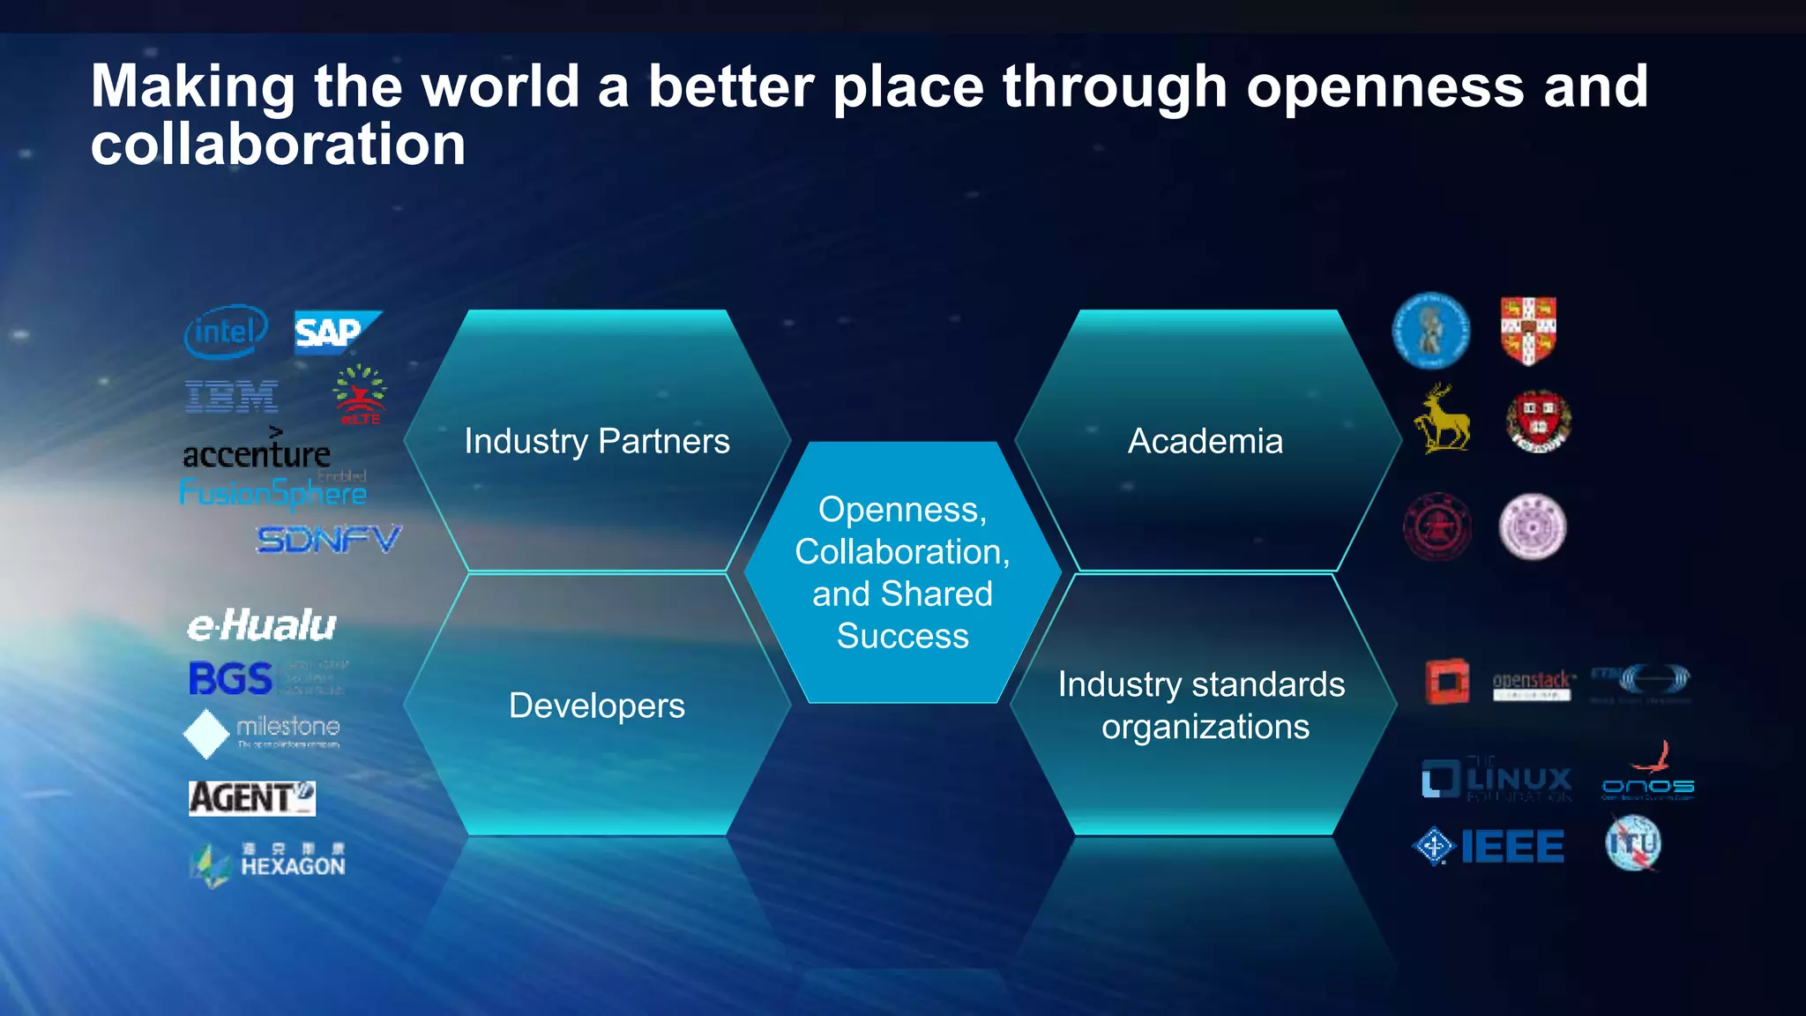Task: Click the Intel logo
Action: (x=226, y=332)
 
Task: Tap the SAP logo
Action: (x=336, y=332)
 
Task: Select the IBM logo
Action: (x=232, y=397)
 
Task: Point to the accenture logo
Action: (x=257, y=452)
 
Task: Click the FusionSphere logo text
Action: (x=272, y=493)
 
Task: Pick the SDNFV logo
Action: (x=328, y=539)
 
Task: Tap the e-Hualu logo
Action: (x=262, y=625)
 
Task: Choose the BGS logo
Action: (x=231, y=679)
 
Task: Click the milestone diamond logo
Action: (x=206, y=734)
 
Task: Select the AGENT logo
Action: (x=251, y=798)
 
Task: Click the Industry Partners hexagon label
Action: (x=597, y=441)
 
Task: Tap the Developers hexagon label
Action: (x=597, y=706)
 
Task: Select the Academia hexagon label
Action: (x=1205, y=441)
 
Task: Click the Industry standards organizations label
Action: (x=1203, y=706)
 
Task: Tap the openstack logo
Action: (x=1532, y=684)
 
